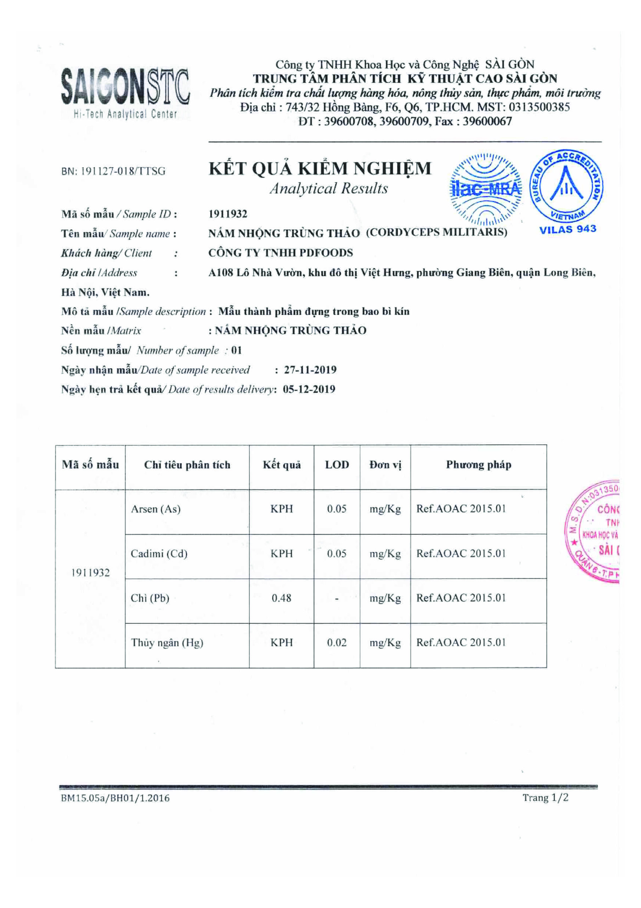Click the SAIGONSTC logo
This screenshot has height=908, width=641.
coord(125,92)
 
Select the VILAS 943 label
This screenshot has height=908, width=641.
coord(568,229)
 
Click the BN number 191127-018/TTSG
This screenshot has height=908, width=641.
coord(113,171)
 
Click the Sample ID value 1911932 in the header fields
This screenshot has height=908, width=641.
coord(227,214)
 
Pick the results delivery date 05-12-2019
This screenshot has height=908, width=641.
coord(309,389)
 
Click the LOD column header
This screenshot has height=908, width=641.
coord(337,465)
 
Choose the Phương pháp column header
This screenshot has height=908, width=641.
coord(478,465)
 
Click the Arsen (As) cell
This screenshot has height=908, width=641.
coord(156,509)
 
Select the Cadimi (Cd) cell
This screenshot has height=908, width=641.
coord(159,554)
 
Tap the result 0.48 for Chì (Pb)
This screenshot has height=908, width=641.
coord(281,598)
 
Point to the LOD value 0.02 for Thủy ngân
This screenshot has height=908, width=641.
coord(336,643)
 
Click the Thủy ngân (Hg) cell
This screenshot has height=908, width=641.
coord(167,643)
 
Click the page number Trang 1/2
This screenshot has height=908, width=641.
coord(545,797)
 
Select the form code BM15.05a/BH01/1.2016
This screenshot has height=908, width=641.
coord(115,798)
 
